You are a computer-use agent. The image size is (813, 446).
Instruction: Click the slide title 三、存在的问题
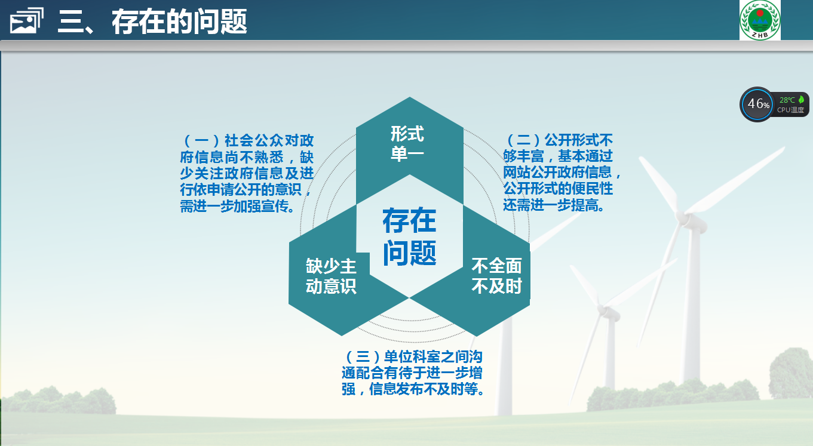click(152, 21)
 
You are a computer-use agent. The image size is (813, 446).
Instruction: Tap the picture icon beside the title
click(26, 21)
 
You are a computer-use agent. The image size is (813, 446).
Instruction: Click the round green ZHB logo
click(760, 20)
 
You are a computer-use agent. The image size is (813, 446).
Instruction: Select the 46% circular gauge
click(757, 104)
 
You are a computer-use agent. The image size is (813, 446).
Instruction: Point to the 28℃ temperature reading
click(787, 100)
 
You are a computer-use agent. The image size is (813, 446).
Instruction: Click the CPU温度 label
click(790, 110)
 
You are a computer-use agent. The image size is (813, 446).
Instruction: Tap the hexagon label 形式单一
click(407, 144)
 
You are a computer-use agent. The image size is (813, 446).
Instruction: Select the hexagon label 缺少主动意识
click(331, 276)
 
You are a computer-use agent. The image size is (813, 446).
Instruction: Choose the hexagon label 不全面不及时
click(496, 276)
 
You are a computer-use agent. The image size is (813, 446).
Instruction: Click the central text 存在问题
click(409, 236)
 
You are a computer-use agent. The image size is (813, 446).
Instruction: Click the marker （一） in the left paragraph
click(202, 140)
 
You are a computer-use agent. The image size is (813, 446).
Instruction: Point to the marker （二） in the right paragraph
click(523, 140)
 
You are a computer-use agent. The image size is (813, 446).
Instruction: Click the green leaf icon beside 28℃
click(801, 100)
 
